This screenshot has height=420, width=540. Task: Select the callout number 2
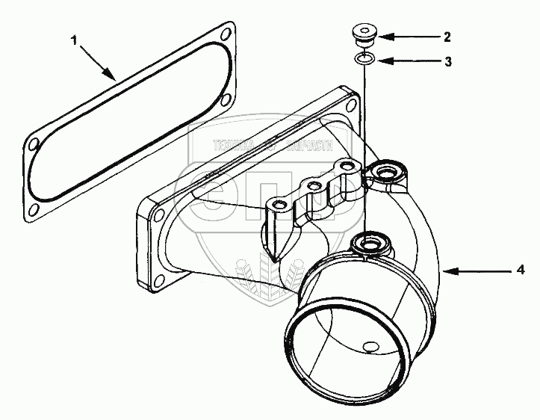coord(447,35)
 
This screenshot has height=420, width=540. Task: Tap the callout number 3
coord(447,62)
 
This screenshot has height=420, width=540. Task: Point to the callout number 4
coord(521,268)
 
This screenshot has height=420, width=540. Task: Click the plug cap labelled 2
coord(364,35)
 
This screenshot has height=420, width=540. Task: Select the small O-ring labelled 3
coord(364,59)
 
